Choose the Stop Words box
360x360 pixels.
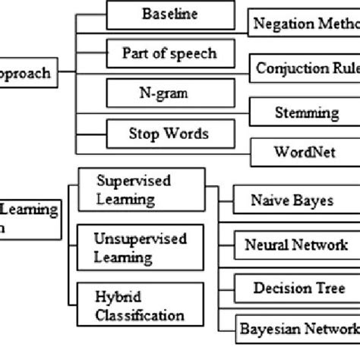(x=168, y=134)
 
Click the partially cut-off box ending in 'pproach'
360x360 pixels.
(x=27, y=74)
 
